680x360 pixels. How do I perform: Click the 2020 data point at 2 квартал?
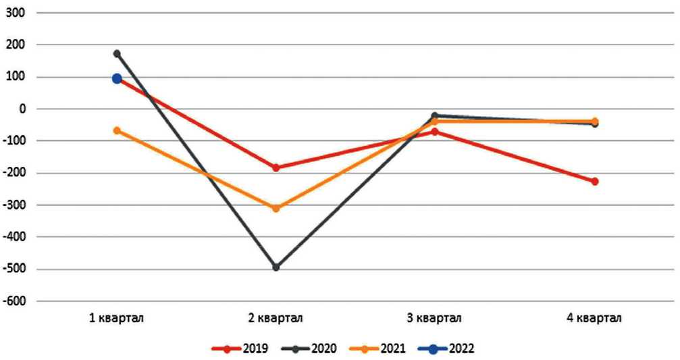tap(276, 267)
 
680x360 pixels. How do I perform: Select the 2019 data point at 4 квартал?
tap(595, 182)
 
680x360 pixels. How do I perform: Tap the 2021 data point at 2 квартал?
tap(276, 208)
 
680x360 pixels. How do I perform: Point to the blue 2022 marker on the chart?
tap(117, 78)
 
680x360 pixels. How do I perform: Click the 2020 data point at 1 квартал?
tap(117, 53)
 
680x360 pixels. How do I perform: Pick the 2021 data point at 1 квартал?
tap(117, 130)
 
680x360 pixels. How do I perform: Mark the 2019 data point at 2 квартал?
tap(276, 168)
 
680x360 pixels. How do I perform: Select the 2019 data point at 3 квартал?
tap(435, 132)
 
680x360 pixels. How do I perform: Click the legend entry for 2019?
tap(240, 349)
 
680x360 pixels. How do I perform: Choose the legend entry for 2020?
tap(317, 349)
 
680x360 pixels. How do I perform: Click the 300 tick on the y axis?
tap(15, 13)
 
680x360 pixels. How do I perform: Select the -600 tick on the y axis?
tap(14, 301)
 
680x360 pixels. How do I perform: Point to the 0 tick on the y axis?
tap(21, 109)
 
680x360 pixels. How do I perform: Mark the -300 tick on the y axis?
tap(14, 205)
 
